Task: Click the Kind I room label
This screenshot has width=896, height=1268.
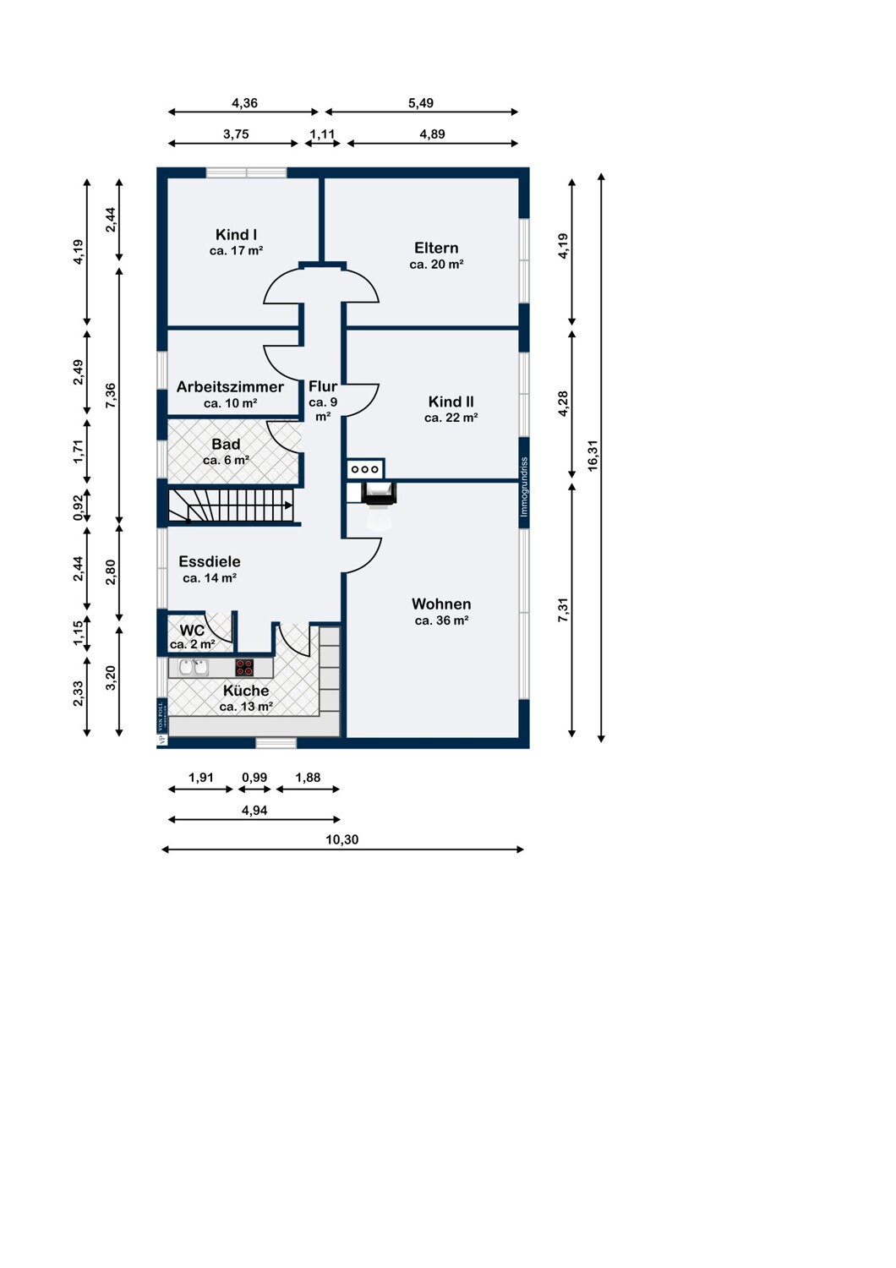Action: pyautogui.click(x=236, y=234)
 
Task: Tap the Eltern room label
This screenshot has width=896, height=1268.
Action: pyautogui.click(x=436, y=248)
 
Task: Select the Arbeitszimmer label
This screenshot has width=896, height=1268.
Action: pyautogui.click(x=230, y=387)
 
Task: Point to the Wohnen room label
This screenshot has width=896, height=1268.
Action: pyautogui.click(x=441, y=604)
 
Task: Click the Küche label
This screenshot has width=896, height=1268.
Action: pyautogui.click(x=246, y=691)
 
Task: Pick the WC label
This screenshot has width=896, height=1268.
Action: pyautogui.click(x=192, y=631)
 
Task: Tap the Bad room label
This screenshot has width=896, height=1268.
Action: pyautogui.click(x=226, y=445)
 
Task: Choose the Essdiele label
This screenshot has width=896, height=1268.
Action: pyautogui.click(x=210, y=561)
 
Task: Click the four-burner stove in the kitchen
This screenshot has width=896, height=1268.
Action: pyautogui.click(x=244, y=668)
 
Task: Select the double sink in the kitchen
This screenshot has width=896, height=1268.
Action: pyautogui.click(x=193, y=668)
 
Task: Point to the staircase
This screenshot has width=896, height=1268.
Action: pyautogui.click(x=231, y=506)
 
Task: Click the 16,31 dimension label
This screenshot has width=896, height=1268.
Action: pyautogui.click(x=593, y=456)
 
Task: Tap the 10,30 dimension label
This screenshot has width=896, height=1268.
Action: pyautogui.click(x=341, y=839)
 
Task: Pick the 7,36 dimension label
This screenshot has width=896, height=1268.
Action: pyautogui.click(x=111, y=396)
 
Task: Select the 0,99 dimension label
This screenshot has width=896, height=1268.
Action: pyautogui.click(x=254, y=778)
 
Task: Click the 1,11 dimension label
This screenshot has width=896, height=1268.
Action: pyautogui.click(x=322, y=134)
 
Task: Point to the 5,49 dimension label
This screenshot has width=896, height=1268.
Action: pyautogui.click(x=421, y=103)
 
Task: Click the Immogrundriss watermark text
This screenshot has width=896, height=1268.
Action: pyautogui.click(x=524, y=487)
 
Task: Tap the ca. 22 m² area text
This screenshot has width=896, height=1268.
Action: pyautogui.click(x=451, y=418)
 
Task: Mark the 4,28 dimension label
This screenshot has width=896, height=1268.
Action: pyautogui.click(x=563, y=404)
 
